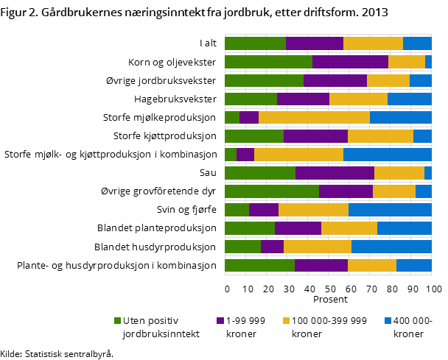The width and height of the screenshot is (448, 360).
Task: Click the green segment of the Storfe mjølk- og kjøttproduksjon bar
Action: (x=231, y=155)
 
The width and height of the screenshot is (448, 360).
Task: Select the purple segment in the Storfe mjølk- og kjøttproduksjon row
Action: (x=245, y=155)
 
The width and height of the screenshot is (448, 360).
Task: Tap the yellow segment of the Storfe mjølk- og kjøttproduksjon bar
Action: (x=298, y=155)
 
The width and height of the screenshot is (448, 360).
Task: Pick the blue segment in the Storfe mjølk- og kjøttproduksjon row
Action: (x=387, y=155)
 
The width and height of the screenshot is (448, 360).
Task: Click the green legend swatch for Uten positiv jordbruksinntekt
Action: (x=117, y=320)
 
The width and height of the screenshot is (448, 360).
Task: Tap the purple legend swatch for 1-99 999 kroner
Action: (x=220, y=320)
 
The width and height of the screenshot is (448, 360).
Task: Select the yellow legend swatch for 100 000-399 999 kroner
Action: (x=286, y=320)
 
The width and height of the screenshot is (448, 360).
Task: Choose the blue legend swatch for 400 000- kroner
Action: (x=388, y=320)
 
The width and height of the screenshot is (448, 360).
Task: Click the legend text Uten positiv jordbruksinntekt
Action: (x=155, y=327)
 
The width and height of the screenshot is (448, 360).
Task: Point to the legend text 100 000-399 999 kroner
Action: (x=329, y=327)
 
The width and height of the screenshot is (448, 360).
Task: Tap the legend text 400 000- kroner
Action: (x=414, y=327)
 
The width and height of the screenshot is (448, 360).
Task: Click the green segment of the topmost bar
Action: (x=255, y=43)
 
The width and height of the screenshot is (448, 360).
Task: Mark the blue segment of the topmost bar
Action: (x=417, y=43)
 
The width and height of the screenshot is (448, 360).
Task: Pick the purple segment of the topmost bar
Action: (x=315, y=43)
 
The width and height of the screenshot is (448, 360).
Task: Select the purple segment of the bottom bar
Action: (x=321, y=265)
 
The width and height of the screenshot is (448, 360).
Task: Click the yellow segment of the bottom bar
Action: (x=372, y=265)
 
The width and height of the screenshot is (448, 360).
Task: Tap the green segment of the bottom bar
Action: (x=259, y=265)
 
